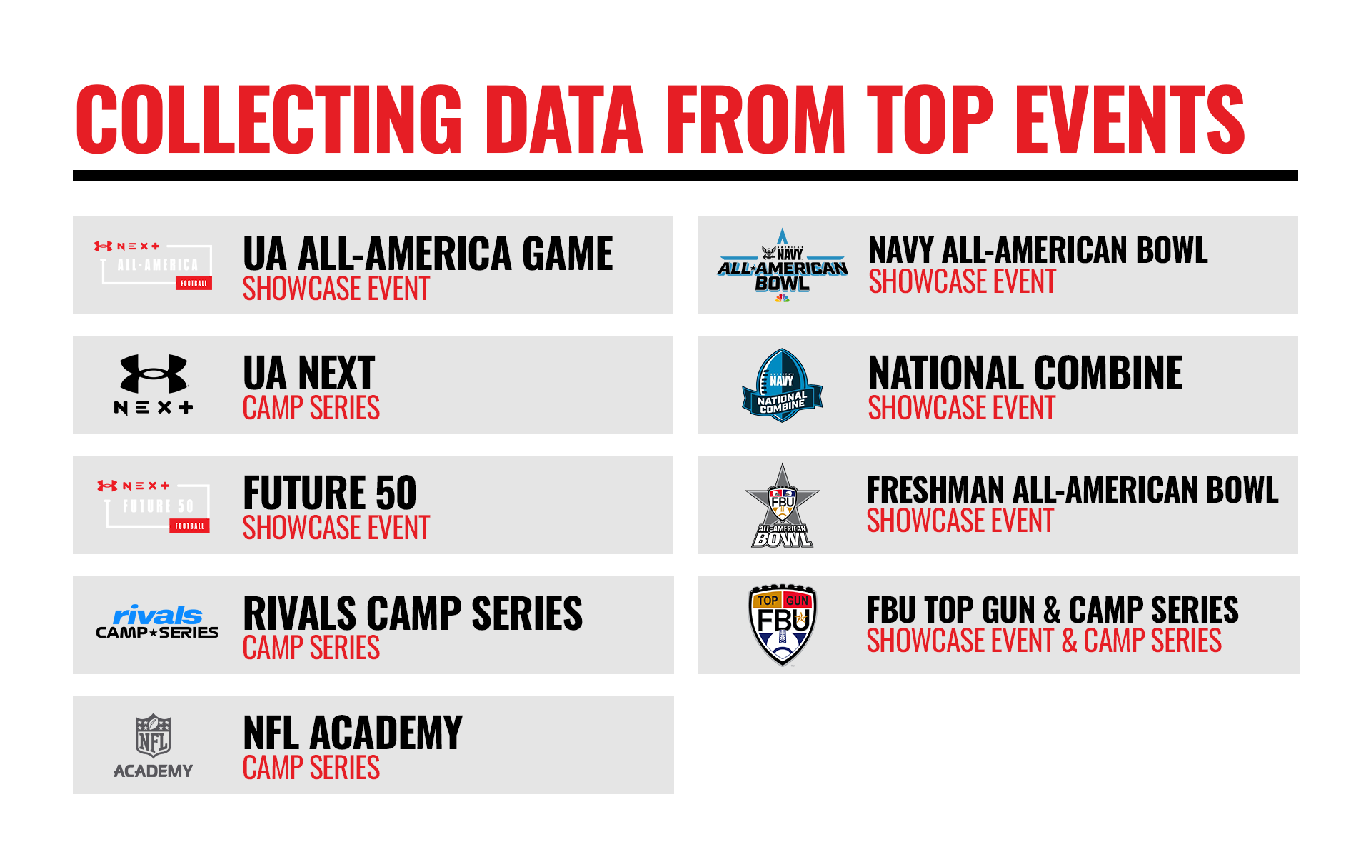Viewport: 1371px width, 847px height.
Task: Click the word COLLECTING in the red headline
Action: (269, 119)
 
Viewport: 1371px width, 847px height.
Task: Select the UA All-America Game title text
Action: (428, 254)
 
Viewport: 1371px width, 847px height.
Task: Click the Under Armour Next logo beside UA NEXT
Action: (154, 384)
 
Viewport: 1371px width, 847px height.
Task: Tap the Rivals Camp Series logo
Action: (157, 622)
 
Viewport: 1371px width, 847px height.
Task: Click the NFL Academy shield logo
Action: (154, 745)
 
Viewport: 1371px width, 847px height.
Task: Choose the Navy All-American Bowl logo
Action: (783, 265)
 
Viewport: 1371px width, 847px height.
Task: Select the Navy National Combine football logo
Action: (783, 385)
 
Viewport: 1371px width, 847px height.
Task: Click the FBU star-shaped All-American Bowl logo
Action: (783, 506)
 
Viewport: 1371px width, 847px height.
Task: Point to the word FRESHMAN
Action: (935, 491)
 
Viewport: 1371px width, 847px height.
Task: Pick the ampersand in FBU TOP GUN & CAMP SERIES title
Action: (1052, 611)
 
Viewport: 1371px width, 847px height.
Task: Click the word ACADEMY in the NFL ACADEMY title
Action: (386, 733)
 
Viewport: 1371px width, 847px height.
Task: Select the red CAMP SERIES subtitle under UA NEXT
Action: (311, 408)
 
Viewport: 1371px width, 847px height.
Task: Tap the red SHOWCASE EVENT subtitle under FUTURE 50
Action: (336, 528)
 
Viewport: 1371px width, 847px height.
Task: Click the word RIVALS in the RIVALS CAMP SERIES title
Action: (300, 613)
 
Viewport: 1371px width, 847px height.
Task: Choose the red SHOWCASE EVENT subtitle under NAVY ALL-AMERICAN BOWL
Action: (962, 281)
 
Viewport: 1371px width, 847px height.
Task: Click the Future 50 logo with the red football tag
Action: (154, 506)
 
